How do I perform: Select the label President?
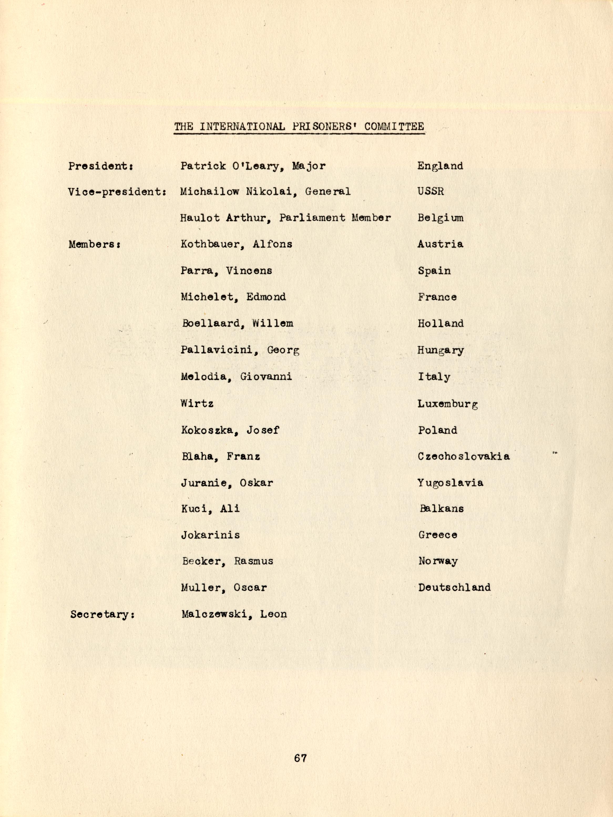click(101, 166)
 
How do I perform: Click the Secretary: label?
click(102, 615)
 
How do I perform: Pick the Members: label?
click(95, 244)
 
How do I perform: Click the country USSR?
click(431, 191)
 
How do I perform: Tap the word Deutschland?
click(454, 587)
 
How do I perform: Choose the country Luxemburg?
click(448, 404)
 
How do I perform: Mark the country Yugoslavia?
click(450, 483)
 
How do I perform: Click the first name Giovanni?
click(266, 377)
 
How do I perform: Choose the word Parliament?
click(312, 218)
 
